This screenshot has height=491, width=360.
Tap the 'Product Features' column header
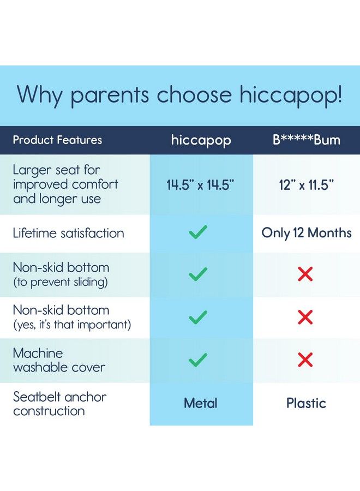[x=57, y=140]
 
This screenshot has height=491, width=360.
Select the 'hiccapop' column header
[x=201, y=140]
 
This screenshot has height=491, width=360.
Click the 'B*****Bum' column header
[x=307, y=140]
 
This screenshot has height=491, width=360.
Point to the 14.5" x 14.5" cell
[x=201, y=185]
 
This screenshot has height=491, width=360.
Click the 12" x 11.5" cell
[x=307, y=185]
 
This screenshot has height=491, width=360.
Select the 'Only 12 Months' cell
[x=307, y=233]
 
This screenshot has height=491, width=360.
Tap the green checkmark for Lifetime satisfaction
[x=198, y=233]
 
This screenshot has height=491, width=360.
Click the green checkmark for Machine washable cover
[x=198, y=360]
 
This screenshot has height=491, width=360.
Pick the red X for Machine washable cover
[x=305, y=360]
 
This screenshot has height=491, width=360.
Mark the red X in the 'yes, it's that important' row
[x=305, y=317]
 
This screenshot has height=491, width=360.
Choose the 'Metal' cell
[x=201, y=403]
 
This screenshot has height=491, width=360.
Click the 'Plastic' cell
[x=307, y=403]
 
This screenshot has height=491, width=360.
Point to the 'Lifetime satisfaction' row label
[x=69, y=233]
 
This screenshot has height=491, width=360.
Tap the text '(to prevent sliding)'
[x=61, y=282]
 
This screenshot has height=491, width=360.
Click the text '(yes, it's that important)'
[x=72, y=325]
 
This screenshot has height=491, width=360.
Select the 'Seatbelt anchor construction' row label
[x=59, y=403]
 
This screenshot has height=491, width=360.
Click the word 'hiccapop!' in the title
[x=291, y=95]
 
